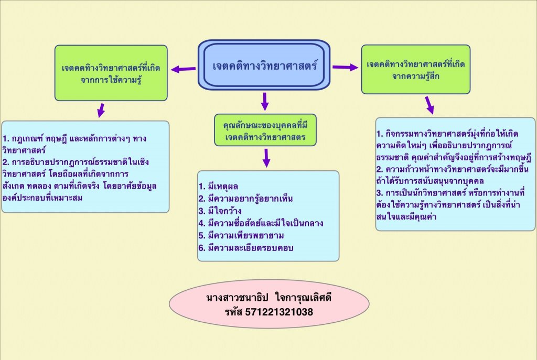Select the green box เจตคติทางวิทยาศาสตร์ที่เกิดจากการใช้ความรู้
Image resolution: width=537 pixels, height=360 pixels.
[x=111, y=73]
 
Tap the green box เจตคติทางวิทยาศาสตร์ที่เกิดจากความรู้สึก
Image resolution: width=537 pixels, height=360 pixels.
[x=415, y=69]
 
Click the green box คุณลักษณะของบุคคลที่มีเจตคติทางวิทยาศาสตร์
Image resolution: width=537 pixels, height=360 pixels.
[x=265, y=129]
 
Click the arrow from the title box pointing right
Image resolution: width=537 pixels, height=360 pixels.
[x=345, y=67]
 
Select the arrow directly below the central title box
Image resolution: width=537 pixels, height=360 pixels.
[x=265, y=101]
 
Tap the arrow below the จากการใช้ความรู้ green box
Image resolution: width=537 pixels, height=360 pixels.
[x=100, y=110]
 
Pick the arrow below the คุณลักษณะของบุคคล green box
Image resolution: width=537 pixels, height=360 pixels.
[x=266, y=157]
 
